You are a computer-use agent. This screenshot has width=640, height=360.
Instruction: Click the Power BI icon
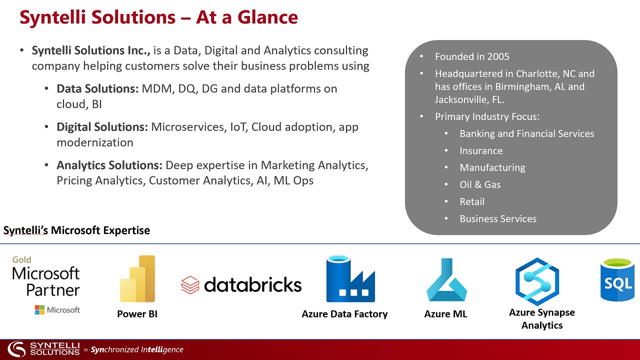pyautogui.click(x=137, y=279)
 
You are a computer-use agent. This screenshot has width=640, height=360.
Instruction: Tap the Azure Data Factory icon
pyautogui.click(x=350, y=278)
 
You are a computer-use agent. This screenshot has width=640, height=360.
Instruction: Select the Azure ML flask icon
pyautogui.click(x=446, y=279)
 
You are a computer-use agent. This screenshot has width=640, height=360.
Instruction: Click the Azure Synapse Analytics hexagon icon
pyautogui.click(x=537, y=281)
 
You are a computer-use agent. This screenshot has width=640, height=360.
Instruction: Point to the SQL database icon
pyautogui.click(x=617, y=279)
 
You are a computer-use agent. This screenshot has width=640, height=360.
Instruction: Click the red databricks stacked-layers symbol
pyautogui.click(x=190, y=285)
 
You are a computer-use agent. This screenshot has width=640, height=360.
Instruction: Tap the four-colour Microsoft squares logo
pyautogui.click(x=39, y=309)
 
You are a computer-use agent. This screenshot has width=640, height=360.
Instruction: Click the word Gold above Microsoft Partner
pyautogui.click(x=21, y=259)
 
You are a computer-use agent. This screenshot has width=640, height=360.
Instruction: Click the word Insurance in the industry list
pyautogui.click(x=481, y=150)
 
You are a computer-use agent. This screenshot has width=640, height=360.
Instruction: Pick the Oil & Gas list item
pyautogui.click(x=480, y=184)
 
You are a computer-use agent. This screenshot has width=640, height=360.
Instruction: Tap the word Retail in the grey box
pyautogui.click(x=472, y=201)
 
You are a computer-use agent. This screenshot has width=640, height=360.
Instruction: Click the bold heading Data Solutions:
pyautogui.click(x=97, y=88)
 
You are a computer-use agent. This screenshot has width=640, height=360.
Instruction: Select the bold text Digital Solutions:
pyautogui.click(x=102, y=127)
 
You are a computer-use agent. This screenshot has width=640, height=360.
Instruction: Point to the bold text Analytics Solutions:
pyautogui.click(x=109, y=165)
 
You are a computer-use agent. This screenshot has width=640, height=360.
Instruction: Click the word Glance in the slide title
pyautogui.click(x=267, y=17)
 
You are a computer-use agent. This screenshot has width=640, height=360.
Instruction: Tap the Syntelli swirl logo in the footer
pyautogui.click(x=16, y=349)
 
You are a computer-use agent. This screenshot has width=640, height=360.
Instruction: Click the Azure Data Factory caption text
pyautogui.click(x=344, y=314)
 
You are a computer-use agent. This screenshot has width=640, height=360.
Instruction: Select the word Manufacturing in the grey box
pyautogui.click(x=492, y=167)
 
